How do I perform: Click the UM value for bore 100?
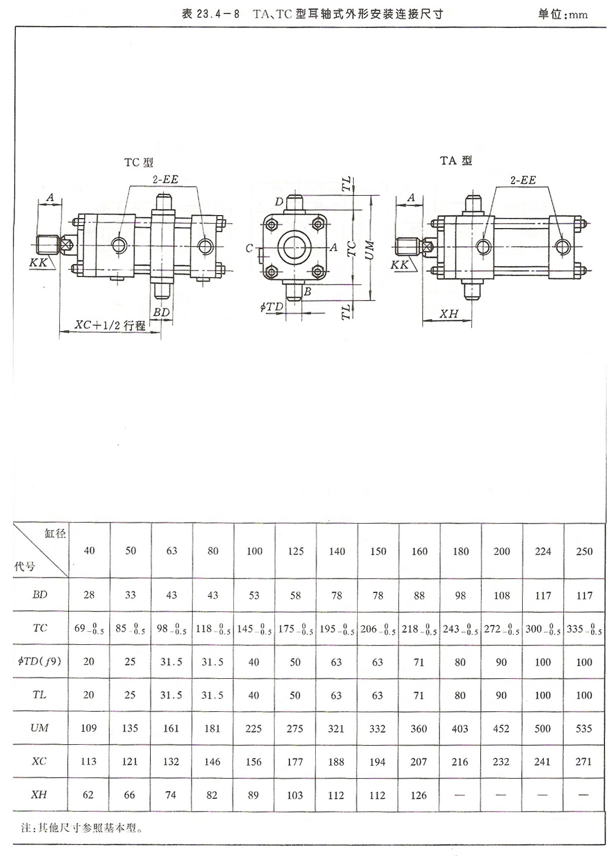coord(253,728)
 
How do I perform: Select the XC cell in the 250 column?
coord(584,762)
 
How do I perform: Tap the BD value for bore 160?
coord(419,595)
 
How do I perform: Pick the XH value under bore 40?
coord(88,795)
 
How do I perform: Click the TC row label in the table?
coord(40,628)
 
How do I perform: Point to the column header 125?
coord(295,551)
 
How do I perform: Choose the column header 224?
coord(543,551)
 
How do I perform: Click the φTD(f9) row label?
coord(39,661)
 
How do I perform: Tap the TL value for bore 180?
coord(460,695)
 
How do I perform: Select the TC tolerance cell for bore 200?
coord(501,629)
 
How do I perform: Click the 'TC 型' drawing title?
coord(138,162)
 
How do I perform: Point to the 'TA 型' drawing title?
coord(455,160)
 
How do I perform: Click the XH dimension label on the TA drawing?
coord(448,313)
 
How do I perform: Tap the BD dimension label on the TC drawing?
coord(161,312)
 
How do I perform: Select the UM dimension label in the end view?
coord(369,249)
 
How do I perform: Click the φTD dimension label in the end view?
coord(272,306)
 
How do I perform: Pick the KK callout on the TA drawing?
coord(399,265)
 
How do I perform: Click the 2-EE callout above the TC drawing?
coord(165,179)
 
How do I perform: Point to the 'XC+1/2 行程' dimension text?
coord(110,325)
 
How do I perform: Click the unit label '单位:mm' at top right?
coord(563,14)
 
